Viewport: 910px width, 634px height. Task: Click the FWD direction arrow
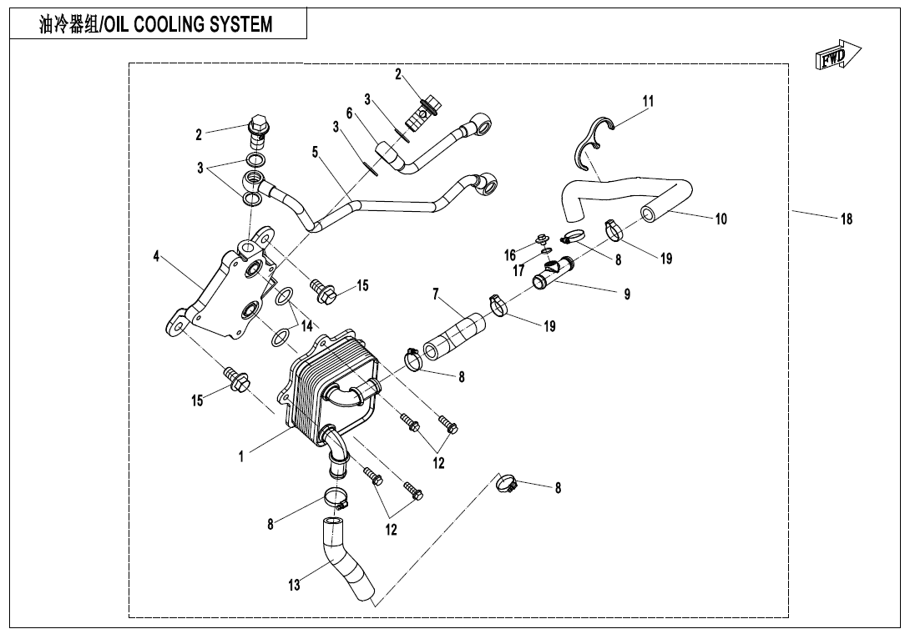(x=836, y=56)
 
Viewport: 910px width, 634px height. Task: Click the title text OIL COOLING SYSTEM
(x=156, y=24)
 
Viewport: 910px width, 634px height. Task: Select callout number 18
(x=847, y=219)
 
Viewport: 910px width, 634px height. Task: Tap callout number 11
(x=648, y=101)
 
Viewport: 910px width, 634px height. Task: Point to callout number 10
(x=720, y=219)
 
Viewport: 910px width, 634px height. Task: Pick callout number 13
(x=294, y=586)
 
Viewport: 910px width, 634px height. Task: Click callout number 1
(x=241, y=456)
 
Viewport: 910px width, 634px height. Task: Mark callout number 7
(x=436, y=294)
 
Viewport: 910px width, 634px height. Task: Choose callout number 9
(x=627, y=294)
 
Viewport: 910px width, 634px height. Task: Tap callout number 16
(x=509, y=255)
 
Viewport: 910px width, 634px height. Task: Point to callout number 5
(x=316, y=153)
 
